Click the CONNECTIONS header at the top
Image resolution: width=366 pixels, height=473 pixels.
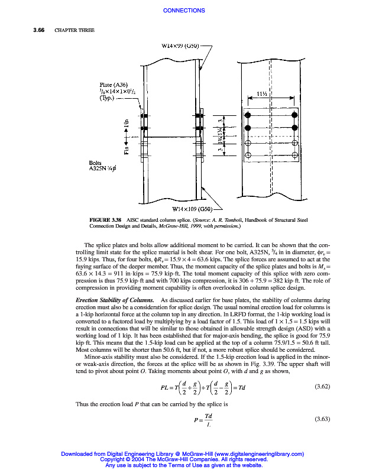pyautogui.click(x=183, y=11)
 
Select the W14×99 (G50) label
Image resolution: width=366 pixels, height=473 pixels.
pyautogui.click(x=180, y=46)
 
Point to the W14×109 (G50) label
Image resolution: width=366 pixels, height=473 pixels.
pyautogui.click(x=191, y=209)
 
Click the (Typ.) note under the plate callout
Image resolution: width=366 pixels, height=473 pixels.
pyautogui.click(x=108, y=98)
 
